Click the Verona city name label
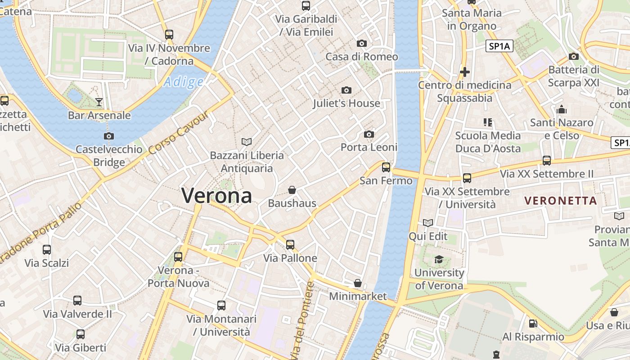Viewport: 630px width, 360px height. click(216, 196)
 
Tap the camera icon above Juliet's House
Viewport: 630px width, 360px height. click(346, 90)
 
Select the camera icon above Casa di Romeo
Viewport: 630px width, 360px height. click(361, 44)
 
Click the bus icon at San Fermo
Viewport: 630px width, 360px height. click(386, 167)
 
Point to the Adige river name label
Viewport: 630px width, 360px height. click(184, 82)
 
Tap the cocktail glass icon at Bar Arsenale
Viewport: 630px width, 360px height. click(99, 102)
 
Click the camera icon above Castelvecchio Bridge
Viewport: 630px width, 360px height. click(108, 136)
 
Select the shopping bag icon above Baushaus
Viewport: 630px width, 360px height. click(292, 190)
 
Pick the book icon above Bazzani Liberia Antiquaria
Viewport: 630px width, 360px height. click(247, 142)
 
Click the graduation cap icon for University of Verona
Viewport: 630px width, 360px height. click(438, 259)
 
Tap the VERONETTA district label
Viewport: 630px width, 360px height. click(561, 201)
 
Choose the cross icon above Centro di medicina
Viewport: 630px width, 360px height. click(465, 72)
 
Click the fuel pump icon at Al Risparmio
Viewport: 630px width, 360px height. click(533, 323)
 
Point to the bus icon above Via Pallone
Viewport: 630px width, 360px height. click(290, 245)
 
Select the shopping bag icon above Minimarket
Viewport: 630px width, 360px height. click(358, 283)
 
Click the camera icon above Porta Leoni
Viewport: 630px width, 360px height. click(369, 134)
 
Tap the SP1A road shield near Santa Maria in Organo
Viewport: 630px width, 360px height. click(499, 46)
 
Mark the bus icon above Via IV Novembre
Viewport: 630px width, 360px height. click(169, 34)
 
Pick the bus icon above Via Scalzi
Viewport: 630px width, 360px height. click(47, 249)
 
